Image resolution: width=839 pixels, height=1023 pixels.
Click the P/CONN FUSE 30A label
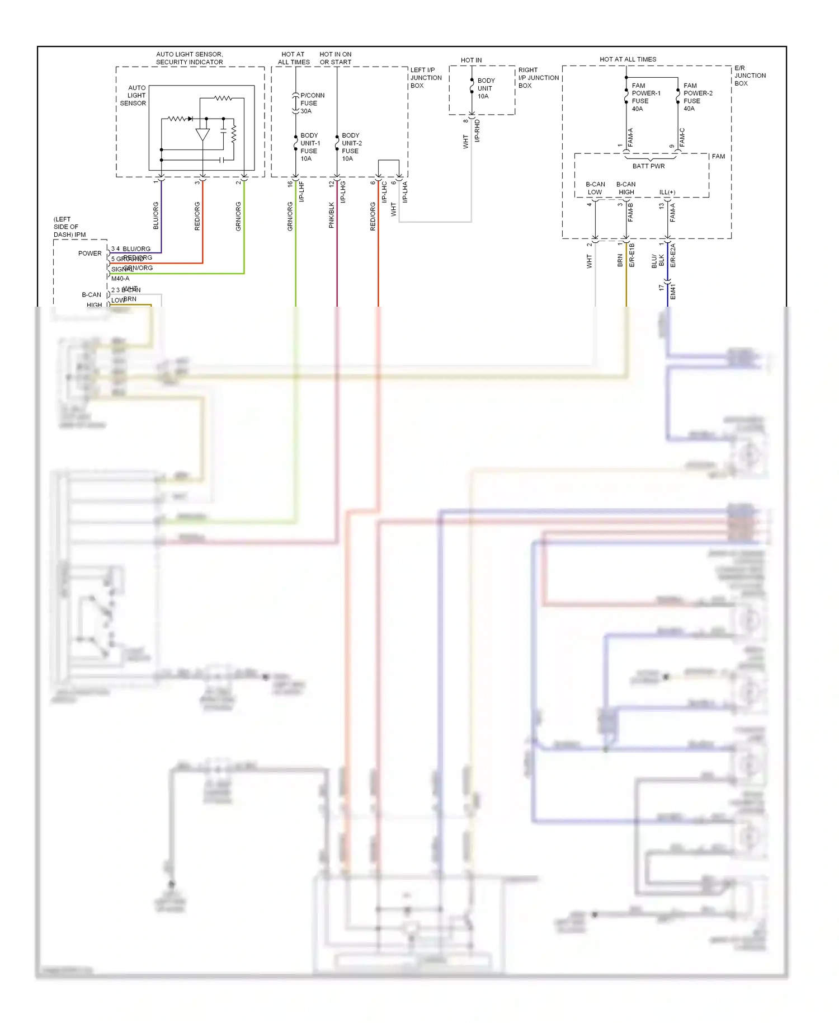(x=312, y=103)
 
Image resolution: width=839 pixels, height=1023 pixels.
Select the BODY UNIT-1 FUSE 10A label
(x=310, y=147)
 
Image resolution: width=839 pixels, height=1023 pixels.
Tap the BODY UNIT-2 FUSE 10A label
(x=351, y=147)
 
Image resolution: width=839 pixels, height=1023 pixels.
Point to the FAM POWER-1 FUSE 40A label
(x=645, y=97)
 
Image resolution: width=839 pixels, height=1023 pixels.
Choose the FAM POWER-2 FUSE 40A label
(x=697, y=97)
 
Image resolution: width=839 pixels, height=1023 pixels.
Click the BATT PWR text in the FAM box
(x=648, y=166)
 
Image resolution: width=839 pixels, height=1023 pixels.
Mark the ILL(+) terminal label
(x=667, y=192)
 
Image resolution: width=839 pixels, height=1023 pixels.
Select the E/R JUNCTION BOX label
(x=750, y=76)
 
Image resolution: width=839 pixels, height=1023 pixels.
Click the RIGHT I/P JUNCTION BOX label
(x=538, y=78)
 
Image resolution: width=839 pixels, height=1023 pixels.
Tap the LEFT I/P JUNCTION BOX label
(x=426, y=78)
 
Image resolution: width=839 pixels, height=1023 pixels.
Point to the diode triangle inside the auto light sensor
(x=202, y=135)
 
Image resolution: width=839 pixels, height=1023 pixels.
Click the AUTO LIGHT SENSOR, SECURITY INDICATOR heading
(x=189, y=58)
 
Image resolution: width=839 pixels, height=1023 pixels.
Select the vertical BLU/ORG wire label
(x=156, y=215)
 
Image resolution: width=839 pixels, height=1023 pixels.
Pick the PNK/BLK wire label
(x=331, y=215)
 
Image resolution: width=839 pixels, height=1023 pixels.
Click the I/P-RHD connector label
(x=477, y=131)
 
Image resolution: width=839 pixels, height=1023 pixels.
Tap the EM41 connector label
(x=673, y=292)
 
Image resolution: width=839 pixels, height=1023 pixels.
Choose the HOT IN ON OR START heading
(x=336, y=58)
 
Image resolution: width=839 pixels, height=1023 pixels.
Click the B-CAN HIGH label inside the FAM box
(x=626, y=188)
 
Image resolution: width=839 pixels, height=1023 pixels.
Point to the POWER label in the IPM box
(x=90, y=254)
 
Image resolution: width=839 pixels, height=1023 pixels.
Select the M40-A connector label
(x=120, y=279)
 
